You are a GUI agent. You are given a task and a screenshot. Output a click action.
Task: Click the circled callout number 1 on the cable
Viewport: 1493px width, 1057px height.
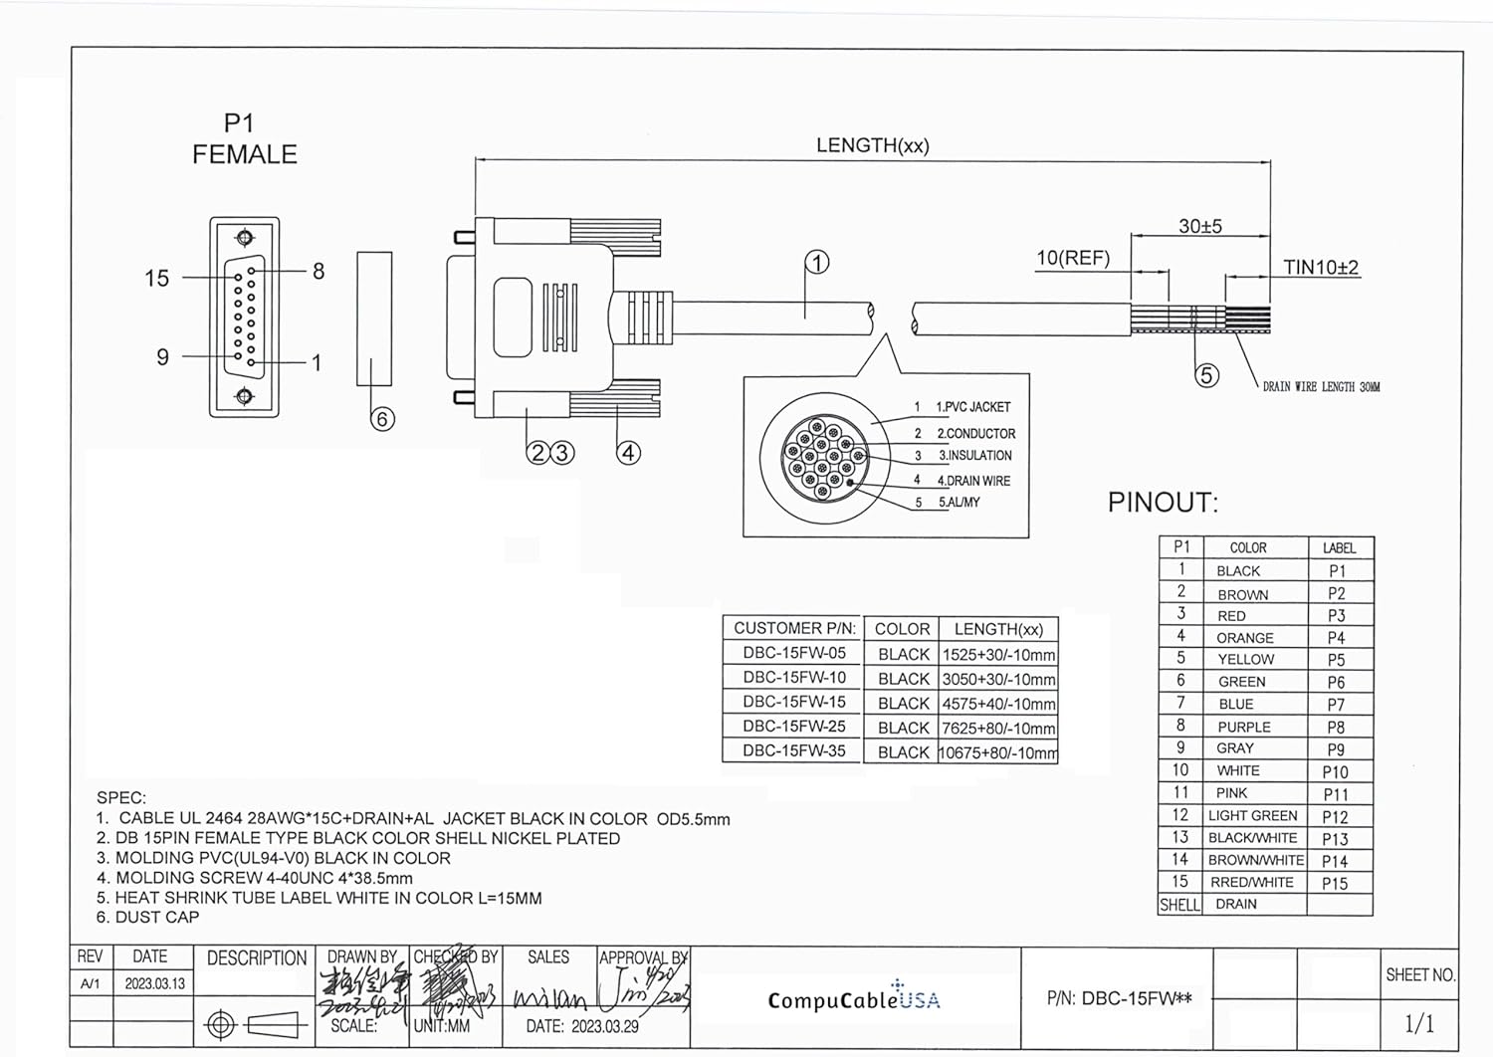coord(816,263)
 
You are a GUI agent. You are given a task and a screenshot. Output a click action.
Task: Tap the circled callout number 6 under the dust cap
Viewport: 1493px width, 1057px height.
coord(382,419)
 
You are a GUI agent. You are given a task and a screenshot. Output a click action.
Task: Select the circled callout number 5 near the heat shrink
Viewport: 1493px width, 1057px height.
coord(1206,375)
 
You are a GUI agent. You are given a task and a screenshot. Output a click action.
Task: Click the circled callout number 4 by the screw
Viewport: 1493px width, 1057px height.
coord(628,453)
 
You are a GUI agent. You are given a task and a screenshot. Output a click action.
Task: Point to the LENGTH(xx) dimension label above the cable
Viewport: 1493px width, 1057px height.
coord(872,145)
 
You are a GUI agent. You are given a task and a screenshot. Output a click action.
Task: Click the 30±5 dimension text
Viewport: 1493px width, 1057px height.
coord(1199,226)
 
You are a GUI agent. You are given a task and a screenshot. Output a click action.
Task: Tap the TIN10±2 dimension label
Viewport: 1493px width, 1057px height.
coord(1320,267)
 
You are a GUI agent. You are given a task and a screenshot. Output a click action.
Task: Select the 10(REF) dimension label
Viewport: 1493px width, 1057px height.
coord(1072,258)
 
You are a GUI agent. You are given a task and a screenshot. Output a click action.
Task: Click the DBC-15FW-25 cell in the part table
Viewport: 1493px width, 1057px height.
coord(793,727)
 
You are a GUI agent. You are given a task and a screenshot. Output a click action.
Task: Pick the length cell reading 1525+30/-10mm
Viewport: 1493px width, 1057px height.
coord(998,655)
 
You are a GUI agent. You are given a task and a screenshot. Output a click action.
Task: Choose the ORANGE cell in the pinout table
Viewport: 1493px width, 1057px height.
coord(1244,638)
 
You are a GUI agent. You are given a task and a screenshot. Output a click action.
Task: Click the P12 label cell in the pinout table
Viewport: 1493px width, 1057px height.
coord(1335,817)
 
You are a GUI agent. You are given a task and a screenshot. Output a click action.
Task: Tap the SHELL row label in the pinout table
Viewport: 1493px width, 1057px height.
coord(1179,905)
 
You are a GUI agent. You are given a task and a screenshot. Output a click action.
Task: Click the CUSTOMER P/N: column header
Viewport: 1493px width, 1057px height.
coord(793,629)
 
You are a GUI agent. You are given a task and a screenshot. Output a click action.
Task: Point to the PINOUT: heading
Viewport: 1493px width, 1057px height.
coord(1163,503)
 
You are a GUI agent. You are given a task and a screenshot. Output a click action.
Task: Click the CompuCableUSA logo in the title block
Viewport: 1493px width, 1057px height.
coord(853,999)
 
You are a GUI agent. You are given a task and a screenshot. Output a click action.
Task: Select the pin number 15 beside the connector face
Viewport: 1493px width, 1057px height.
coord(157,279)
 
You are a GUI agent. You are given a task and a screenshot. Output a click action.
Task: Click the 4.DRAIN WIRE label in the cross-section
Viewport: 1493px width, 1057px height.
coord(972,481)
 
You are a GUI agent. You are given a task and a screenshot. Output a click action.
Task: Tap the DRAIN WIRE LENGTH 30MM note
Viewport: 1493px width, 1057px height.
coord(1321,387)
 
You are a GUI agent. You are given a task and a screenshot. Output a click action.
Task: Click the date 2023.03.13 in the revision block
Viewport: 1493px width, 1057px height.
coord(154,983)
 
